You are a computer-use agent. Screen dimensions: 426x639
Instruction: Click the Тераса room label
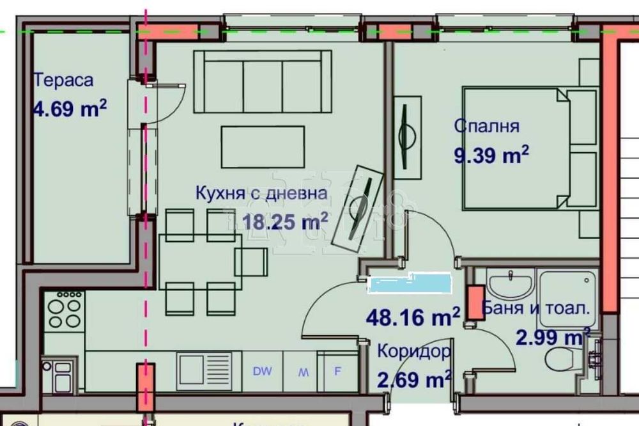point(63,81)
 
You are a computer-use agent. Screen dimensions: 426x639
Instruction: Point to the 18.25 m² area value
point(286,221)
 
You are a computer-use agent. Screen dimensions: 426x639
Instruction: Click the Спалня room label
point(486,126)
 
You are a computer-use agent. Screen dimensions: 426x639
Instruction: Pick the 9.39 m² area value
point(491,154)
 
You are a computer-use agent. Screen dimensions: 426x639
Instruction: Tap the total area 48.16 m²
point(413,315)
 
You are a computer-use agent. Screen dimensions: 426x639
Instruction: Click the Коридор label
point(413,351)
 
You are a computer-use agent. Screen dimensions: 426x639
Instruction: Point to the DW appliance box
point(261,371)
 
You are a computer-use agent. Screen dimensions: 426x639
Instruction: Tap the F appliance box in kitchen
point(338,371)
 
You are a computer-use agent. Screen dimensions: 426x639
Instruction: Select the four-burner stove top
point(63,311)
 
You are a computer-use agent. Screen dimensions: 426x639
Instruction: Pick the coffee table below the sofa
point(263,146)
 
